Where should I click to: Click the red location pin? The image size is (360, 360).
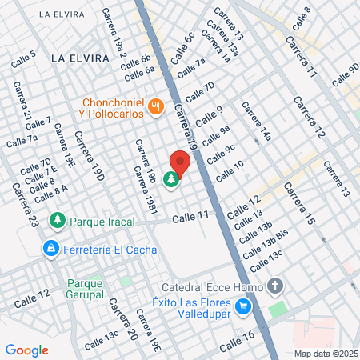(x=180, y=162)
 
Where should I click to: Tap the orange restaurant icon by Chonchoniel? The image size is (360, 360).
(x=157, y=104)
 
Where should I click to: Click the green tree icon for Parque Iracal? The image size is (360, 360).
(x=57, y=219)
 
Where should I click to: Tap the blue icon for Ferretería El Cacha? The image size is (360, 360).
(x=51, y=248)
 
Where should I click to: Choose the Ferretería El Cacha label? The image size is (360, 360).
(x=105, y=249)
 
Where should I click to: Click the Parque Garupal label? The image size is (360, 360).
(x=86, y=289)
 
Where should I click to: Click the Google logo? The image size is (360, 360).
(x=27, y=350)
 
